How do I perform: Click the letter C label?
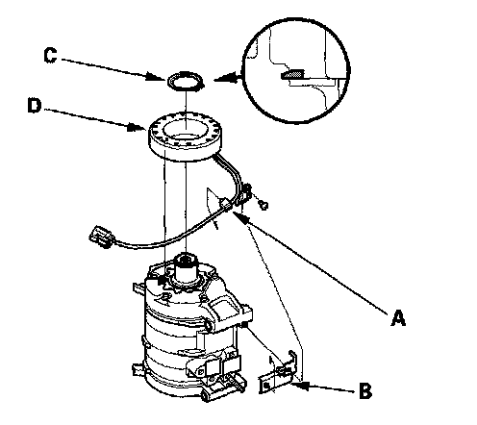pos(50,55)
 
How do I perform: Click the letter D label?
pos(35,106)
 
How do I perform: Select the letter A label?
pos(398,318)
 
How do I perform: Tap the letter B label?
pos(365,390)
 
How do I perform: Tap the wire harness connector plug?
pos(101,237)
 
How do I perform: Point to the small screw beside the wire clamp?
pos(264,205)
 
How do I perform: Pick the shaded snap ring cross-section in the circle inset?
pos(292,75)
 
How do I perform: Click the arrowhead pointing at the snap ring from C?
pos(157,77)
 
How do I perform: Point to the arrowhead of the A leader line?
pos(241,217)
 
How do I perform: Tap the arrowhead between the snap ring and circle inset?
pos(225,78)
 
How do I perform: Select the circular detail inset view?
pos(295,70)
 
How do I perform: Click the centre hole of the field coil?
pos(186,132)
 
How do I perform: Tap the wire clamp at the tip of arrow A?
pos(226,204)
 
